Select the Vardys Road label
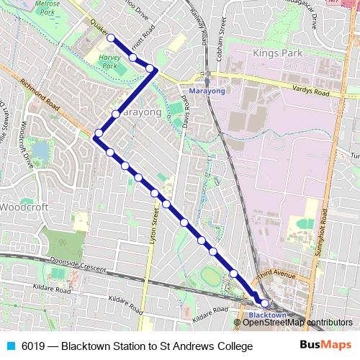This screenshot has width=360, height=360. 311,93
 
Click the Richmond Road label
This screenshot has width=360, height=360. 39,93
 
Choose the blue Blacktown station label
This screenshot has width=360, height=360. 267,315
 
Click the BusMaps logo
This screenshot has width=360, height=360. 325,346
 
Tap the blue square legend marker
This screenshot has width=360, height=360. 11,346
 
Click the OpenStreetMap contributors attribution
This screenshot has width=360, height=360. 297,322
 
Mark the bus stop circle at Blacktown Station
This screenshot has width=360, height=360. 264,303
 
